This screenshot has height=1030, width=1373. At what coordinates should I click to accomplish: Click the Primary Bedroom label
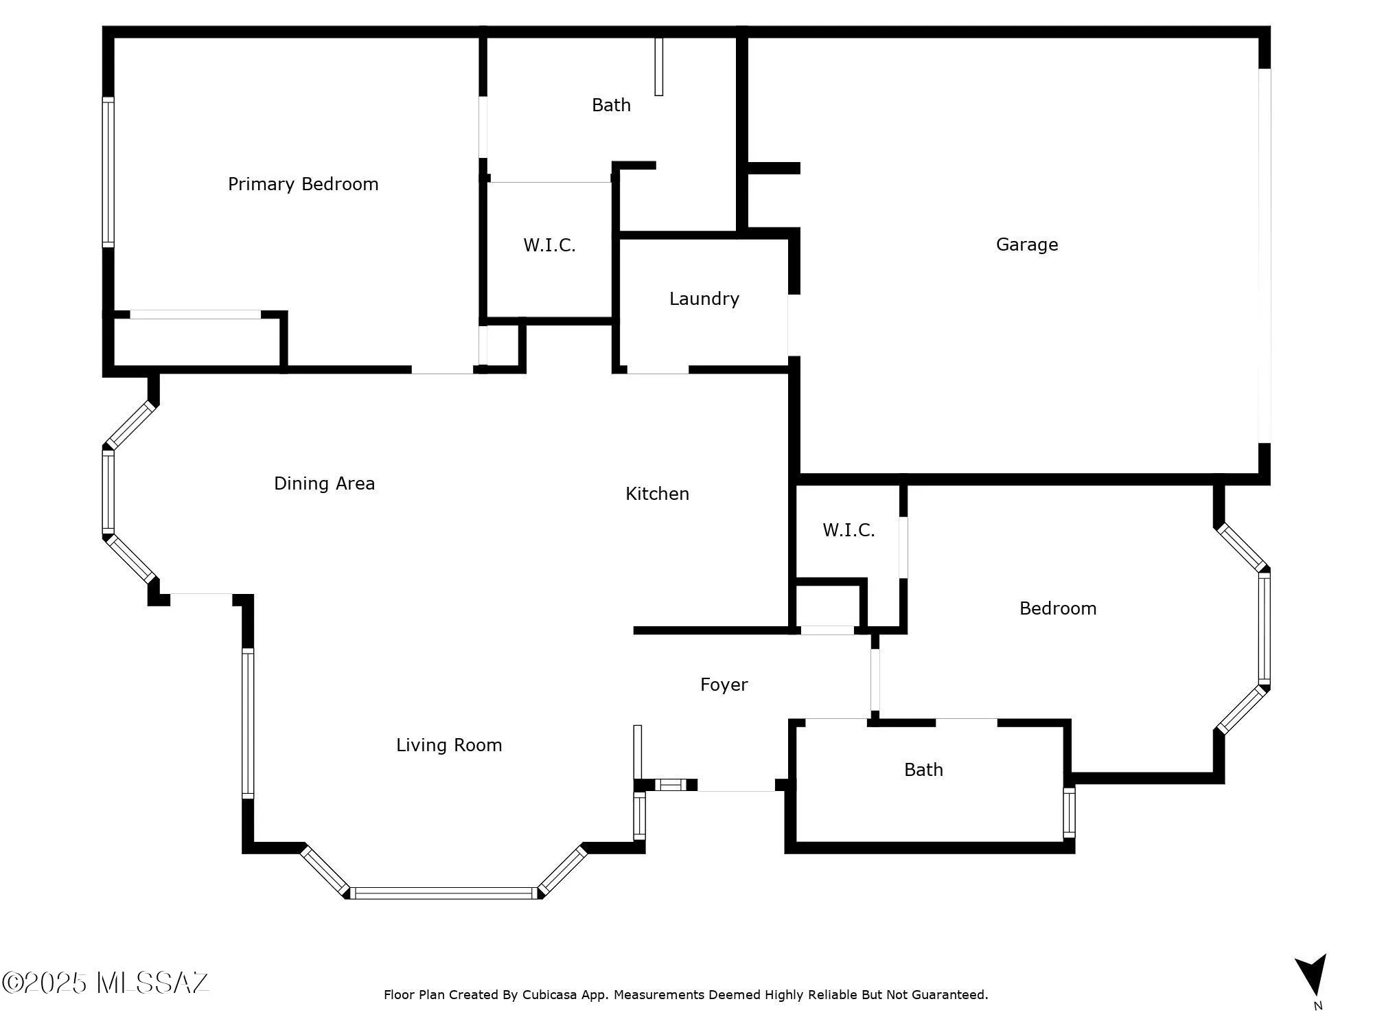pyautogui.click(x=303, y=184)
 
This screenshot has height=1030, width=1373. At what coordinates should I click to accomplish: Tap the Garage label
pyautogui.click(x=1026, y=244)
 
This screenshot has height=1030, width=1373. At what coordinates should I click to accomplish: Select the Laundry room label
pyautogui.click(x=704, y=299)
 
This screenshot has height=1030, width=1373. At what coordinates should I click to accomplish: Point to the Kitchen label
pyautogui.click(x=657, y=494)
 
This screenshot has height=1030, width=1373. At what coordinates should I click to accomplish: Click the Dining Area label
pyautogui.click(x=324, y=483)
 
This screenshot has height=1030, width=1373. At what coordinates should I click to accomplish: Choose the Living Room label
pyautogui.click(x=449, y=745)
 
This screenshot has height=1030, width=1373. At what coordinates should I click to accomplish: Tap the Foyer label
pyautogui.click(x=724, y=685)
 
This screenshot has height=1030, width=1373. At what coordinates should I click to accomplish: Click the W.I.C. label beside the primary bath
pyautogui.click(x=549, y=245)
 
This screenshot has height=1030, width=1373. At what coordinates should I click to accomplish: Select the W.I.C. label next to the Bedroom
pyautogui.click(x=849, y=530)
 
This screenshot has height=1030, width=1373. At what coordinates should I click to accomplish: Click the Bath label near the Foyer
pyautogui.click(x=923, y=770)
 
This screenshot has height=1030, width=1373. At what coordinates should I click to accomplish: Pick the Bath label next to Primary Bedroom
pyautogui.click(x=611, y=105)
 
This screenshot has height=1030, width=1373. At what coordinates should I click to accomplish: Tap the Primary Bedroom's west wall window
pyautogui.click(x=108, y=172)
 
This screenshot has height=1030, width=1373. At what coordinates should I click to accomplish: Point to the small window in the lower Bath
pyautogui.click(x=1069, y=813)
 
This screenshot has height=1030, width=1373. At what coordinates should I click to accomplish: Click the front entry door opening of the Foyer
pyautogui.click(x=736, y=788)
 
